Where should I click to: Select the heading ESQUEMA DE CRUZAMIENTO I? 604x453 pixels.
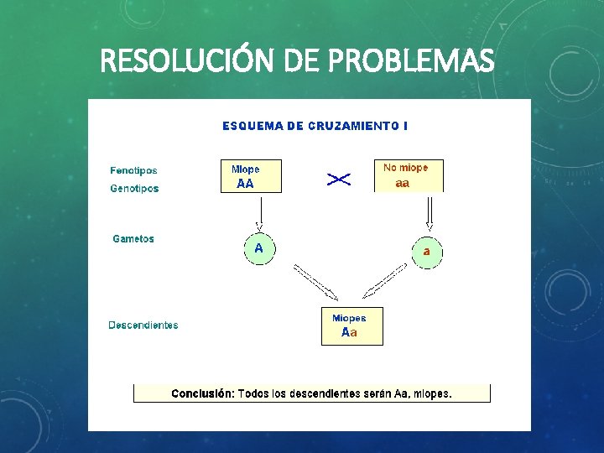click(315, 126)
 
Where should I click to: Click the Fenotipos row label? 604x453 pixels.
click(133, 171)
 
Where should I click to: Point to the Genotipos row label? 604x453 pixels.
click(134, 189)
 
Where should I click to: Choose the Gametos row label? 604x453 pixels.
click(133, 239)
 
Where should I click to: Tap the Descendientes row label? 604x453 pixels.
click(143, 325)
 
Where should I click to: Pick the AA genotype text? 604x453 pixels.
click(245, 185)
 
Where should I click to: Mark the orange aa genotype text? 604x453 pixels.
click(403, 185)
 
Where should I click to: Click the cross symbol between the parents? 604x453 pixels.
click(339, 179)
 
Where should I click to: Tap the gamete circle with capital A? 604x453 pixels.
click(258, 249)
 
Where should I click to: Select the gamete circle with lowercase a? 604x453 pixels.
click(426, 252)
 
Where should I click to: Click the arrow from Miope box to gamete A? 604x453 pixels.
click(259, 213)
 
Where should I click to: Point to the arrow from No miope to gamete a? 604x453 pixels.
click(430, 213)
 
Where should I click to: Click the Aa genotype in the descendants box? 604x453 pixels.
click(349, 333)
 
